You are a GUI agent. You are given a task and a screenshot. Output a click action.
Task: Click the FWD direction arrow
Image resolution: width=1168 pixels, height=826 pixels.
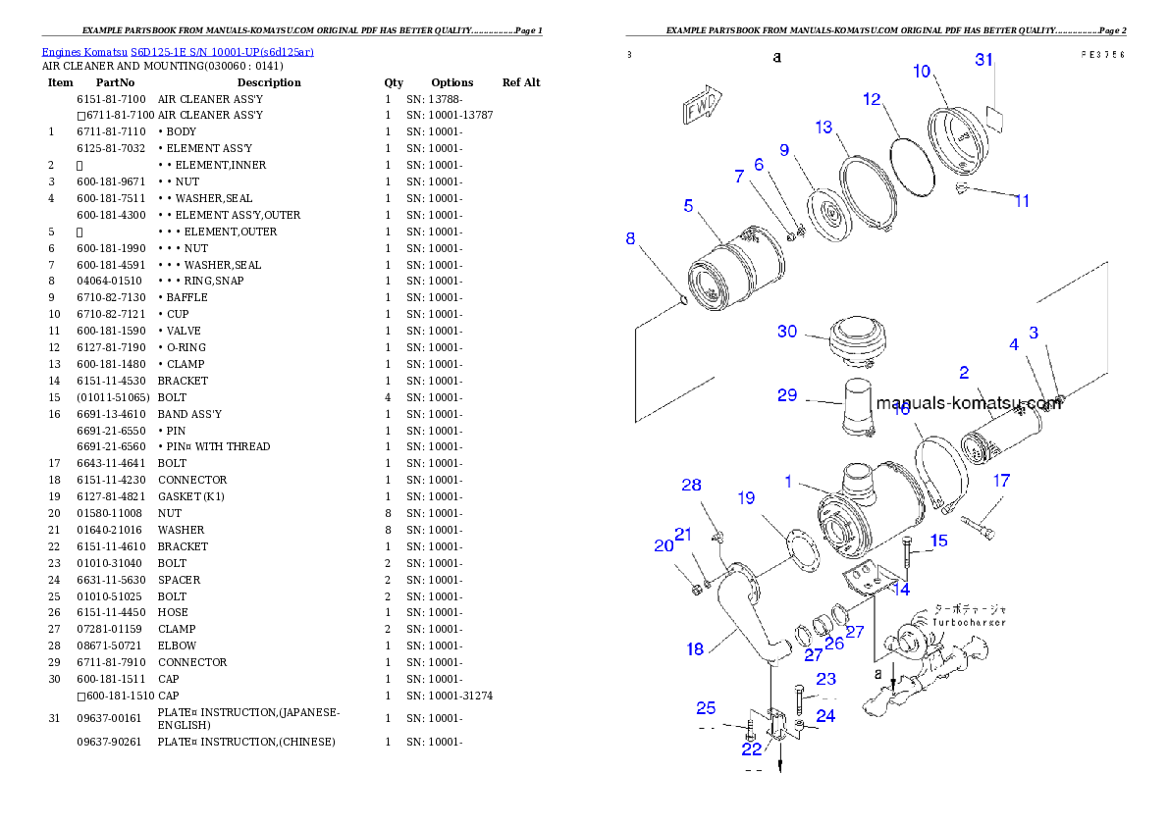[x=701, y=105]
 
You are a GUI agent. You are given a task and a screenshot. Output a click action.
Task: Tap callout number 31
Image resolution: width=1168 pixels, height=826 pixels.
[x=984, y=60]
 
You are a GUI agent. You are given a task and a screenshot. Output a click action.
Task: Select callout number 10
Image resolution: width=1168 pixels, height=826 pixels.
[x=922, y=71]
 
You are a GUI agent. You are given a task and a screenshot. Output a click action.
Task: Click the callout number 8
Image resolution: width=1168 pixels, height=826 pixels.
[x=630, y=237]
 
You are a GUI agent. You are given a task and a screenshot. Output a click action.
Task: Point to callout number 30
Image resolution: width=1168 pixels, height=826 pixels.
[x=787, y=332]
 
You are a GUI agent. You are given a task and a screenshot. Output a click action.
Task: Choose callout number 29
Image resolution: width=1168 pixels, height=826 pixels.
[x=787, y=395]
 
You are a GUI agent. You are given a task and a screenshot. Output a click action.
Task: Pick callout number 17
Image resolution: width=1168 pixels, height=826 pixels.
[x=1001, y=481]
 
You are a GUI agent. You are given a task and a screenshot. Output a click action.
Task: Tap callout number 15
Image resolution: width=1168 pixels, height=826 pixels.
[x=939, y=541]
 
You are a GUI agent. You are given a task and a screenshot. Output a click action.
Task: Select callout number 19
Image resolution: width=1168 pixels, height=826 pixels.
[x=746, y=498]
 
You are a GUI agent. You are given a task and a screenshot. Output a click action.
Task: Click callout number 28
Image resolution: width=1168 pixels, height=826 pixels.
[x=692, y=486]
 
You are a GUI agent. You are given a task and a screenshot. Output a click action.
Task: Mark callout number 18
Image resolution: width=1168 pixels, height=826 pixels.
[x=695, y=648]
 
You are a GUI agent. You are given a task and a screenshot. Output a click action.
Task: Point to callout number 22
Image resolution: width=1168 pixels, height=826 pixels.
[x=752, y=749]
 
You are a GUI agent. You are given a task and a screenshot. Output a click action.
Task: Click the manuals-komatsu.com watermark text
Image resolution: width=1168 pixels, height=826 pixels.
[x=968, y=402]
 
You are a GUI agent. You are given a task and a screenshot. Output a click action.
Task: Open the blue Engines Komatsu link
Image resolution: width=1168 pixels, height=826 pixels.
[x=178, y=52]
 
